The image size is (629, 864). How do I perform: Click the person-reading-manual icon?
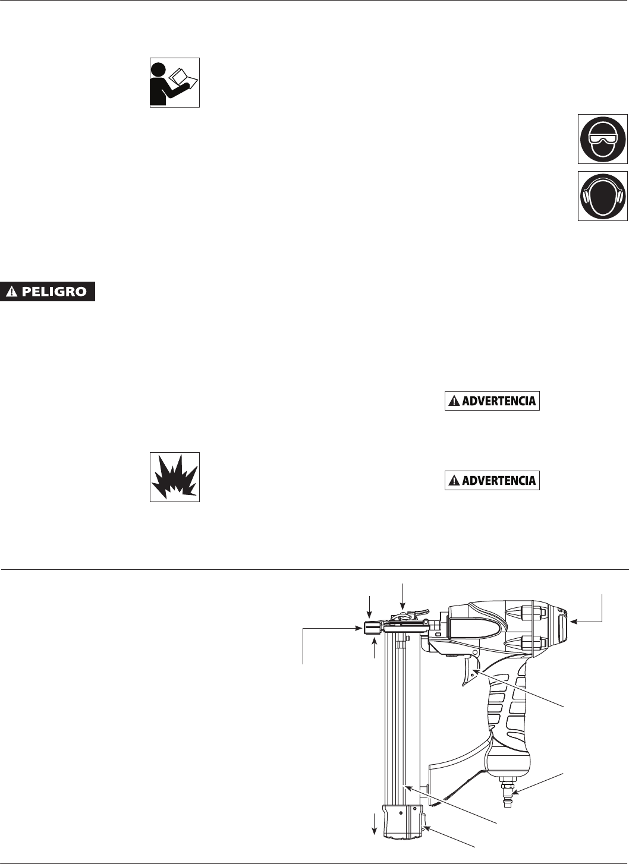click(x=174, y=82)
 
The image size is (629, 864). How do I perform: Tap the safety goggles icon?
click(x=602, y=140)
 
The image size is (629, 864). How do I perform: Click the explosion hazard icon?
click(x=174, y=477)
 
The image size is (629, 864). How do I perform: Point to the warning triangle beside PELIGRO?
click(x=12, y=292)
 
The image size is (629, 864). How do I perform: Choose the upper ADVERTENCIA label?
click(x=492, y=401)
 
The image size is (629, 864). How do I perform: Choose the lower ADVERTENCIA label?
click(x=492, y=480)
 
